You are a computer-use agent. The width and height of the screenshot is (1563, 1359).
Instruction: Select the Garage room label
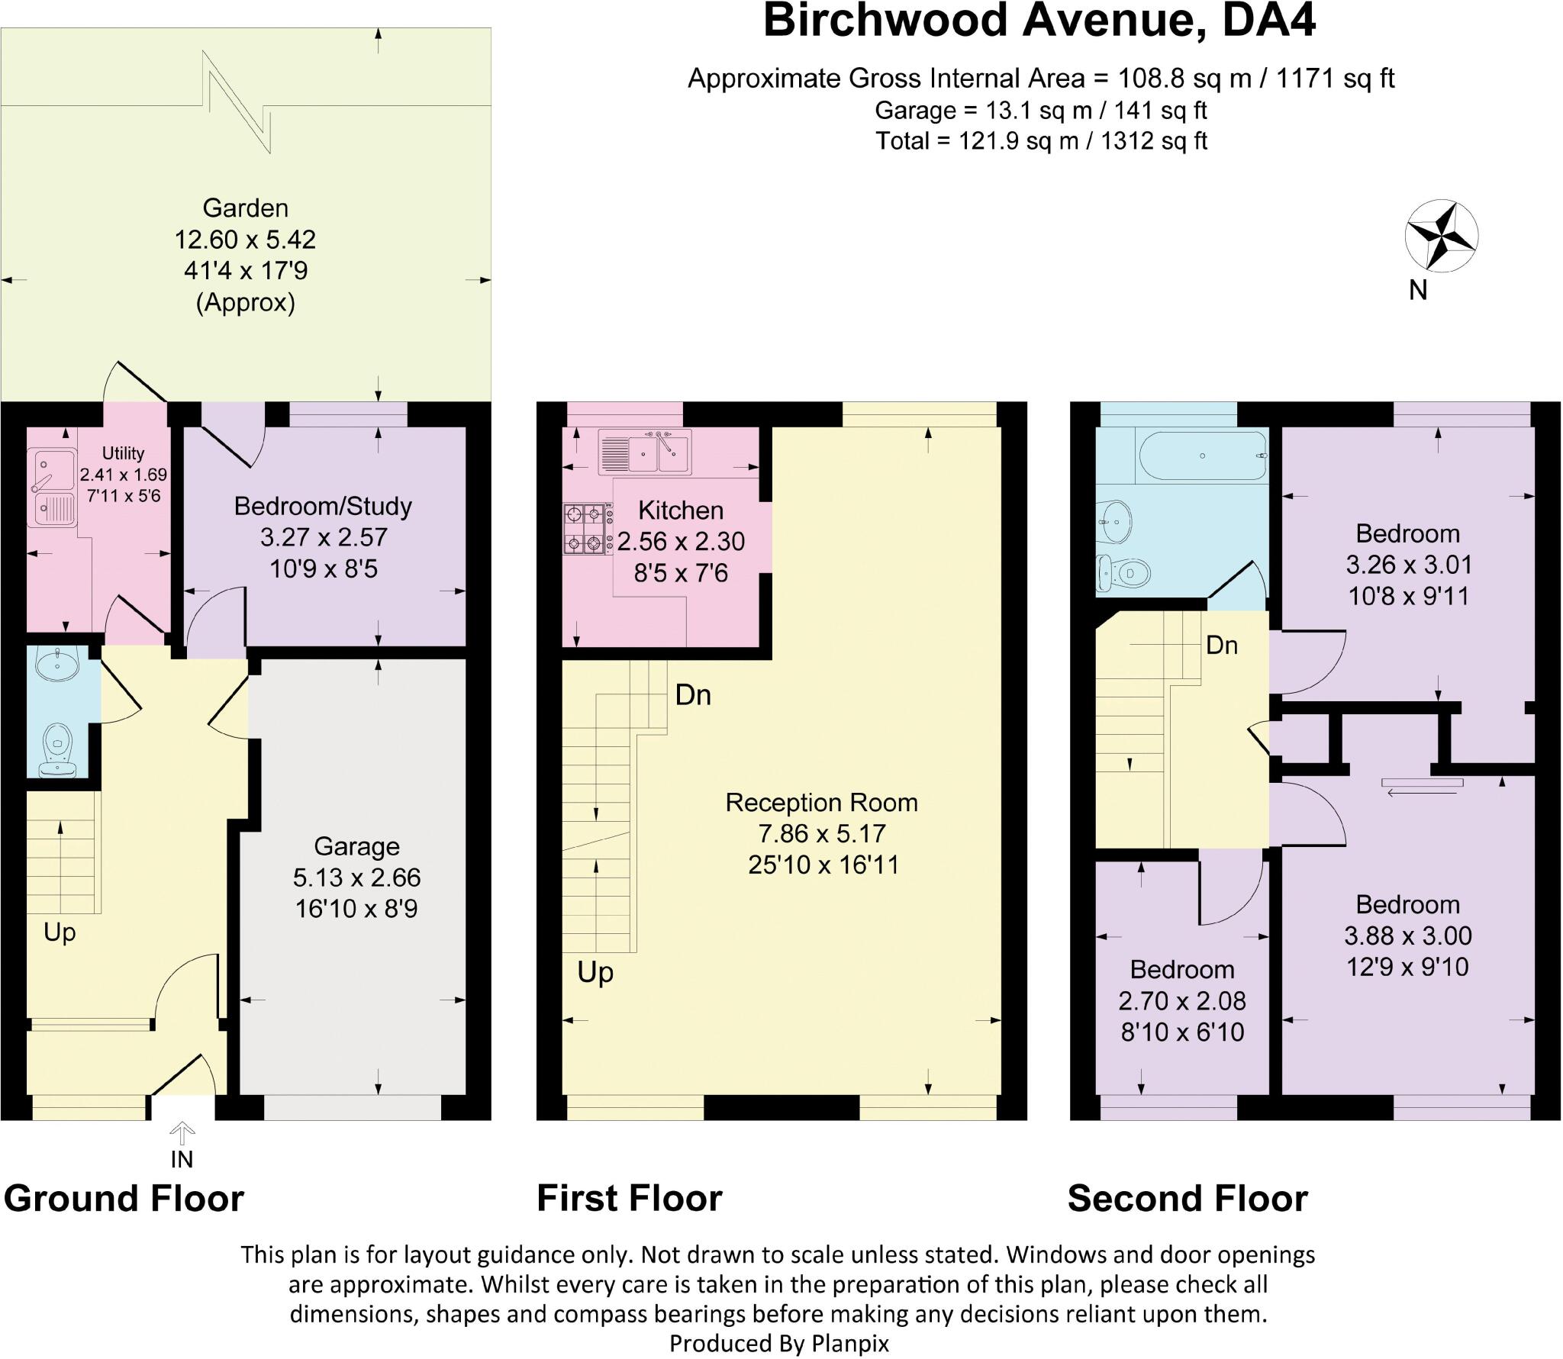click(x=356, y=846)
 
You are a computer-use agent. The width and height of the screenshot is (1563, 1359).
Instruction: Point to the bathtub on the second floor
click(x=1202, y=456)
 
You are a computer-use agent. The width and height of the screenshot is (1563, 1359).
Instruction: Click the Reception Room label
click(x=821, y=802)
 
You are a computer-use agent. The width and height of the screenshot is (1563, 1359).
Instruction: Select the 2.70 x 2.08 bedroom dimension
click(x=1181, y=1000)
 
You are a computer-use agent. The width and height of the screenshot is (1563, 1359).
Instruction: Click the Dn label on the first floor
click(x=693, y=695)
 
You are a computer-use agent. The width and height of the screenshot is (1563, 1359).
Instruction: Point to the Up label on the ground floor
click(x=60, y=932)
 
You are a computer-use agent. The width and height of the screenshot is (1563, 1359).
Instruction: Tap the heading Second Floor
click(x=1187, y=1198)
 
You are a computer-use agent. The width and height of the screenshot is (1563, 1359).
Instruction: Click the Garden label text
click(x=245, y=208)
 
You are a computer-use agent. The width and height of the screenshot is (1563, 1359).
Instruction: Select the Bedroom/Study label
click(x=323, y=506)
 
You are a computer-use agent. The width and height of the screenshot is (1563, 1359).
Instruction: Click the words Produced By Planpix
click(x=779, y=1343)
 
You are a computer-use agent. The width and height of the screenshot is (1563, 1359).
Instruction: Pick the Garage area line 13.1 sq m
click(x=1040, y=111)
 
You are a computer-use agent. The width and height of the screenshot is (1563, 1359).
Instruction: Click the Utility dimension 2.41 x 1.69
click(x=123, y=474)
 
